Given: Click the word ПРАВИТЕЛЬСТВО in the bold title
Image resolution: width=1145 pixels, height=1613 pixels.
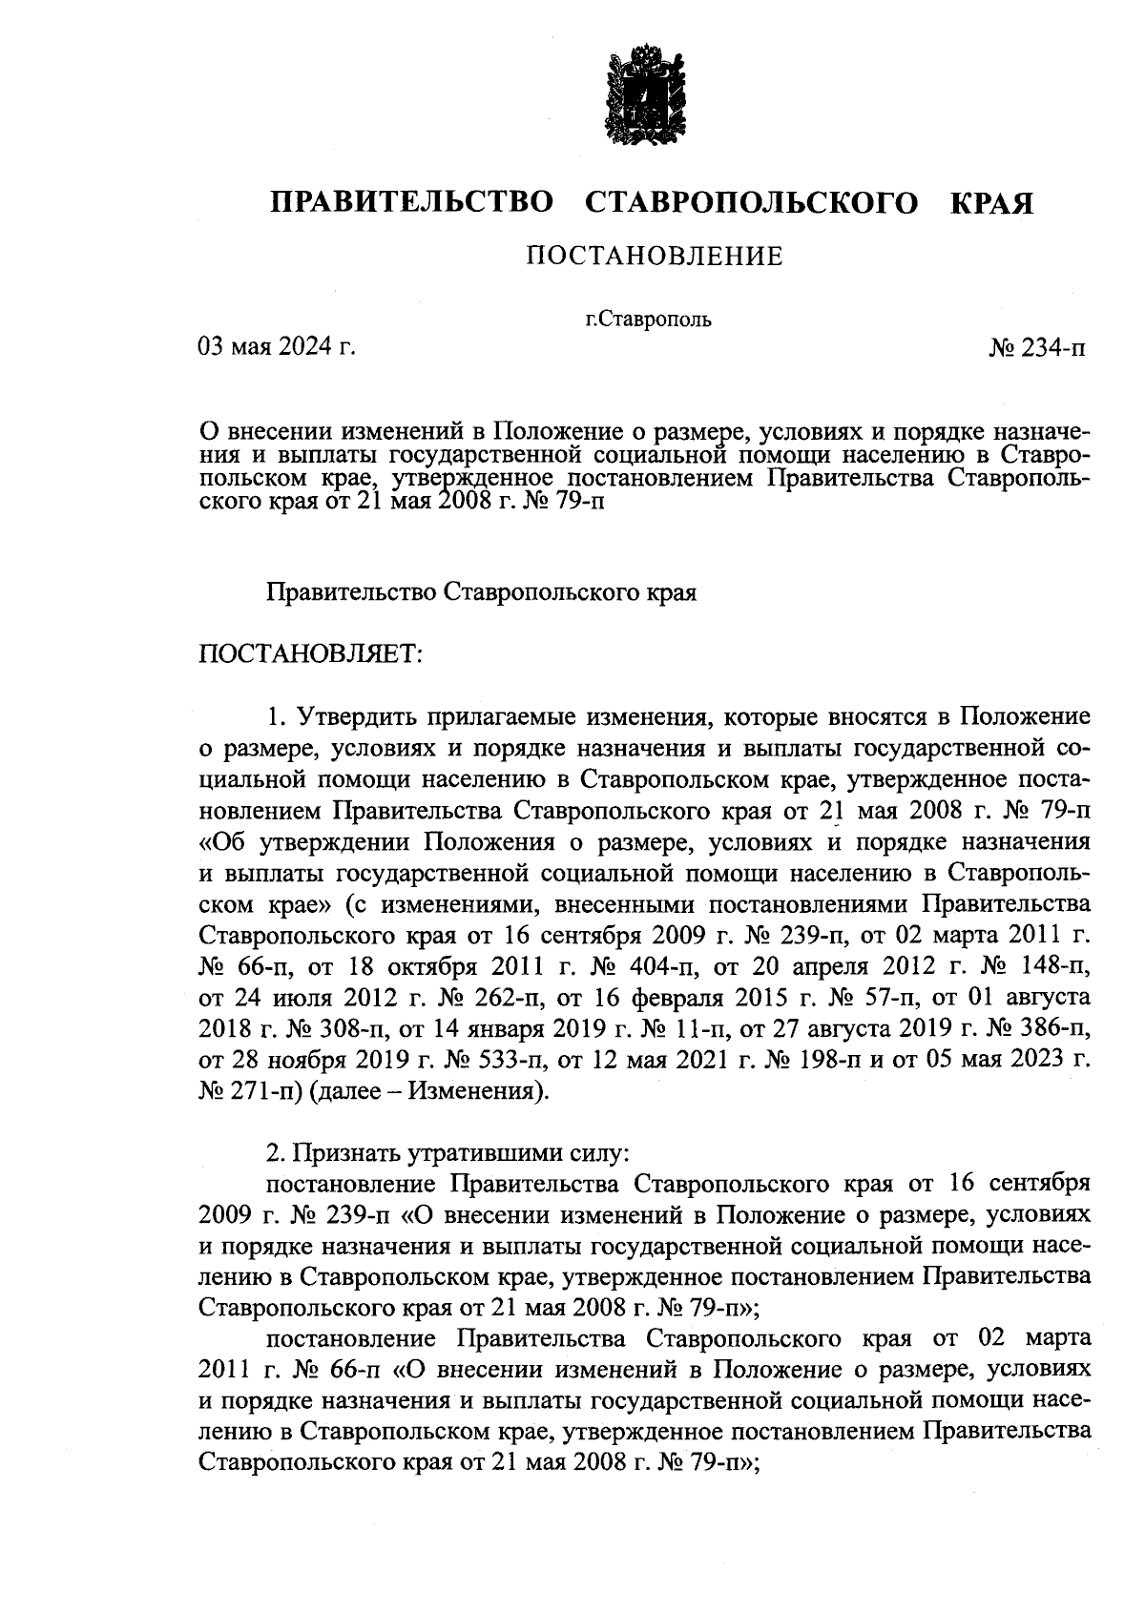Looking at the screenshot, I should coord(412,203).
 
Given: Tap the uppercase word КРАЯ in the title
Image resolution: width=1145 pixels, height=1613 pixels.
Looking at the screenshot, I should coord(993,203).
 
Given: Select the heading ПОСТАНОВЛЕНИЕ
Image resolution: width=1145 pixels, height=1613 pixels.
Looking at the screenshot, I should coord(655,256).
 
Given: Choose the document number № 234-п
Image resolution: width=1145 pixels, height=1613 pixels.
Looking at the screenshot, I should coord(1036,349).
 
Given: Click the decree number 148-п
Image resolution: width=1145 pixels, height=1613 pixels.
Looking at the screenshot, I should coord(1051,965).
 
